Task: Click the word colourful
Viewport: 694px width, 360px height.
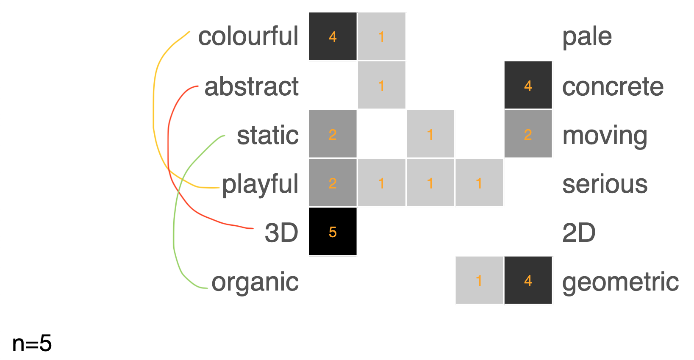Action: click(x=248, y=36)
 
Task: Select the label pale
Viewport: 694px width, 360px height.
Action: click(x=587, y=37)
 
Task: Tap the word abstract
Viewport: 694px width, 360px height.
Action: click(x=251, y=86)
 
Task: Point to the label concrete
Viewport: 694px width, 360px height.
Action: click(x=613, y=86)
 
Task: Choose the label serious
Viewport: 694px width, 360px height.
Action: click(x=605, y=184)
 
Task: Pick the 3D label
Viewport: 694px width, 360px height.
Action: click(x=281, y=233)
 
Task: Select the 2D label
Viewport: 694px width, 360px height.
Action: click(x=579, y=233)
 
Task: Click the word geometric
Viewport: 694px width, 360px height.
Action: click(x=620, y=282)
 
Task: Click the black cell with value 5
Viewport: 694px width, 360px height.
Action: click(x=333, y=232)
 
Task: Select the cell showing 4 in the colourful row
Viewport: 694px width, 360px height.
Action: click(x=333, y=36)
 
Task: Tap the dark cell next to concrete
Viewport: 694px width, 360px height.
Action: click(x=528, y=85)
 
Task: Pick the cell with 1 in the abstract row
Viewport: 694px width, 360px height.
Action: click(x=381, y=85)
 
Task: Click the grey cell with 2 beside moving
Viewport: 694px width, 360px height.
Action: click(x=528, y=134)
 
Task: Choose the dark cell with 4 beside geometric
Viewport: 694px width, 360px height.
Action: click(x=528, y=280)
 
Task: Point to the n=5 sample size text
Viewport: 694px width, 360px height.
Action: click(x=32, y=343)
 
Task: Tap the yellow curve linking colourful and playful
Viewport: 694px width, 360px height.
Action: click(x=153, y=106)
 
